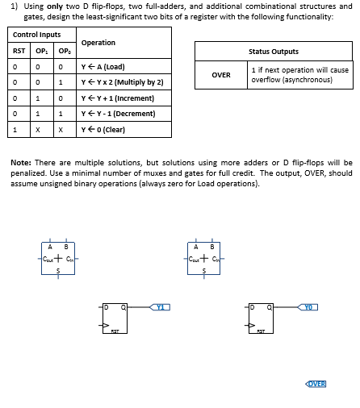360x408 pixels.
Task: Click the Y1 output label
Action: [x=161, y=306]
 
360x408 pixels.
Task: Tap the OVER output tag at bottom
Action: [x=316, y=383]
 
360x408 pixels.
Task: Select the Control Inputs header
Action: [x=37, y=35]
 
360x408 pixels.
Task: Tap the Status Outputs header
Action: [x=274, y=52]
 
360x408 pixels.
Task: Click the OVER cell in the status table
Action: [x=221, y=74]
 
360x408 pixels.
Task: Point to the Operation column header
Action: [x=98, y=43]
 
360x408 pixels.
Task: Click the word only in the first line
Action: [x=56, y=6]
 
